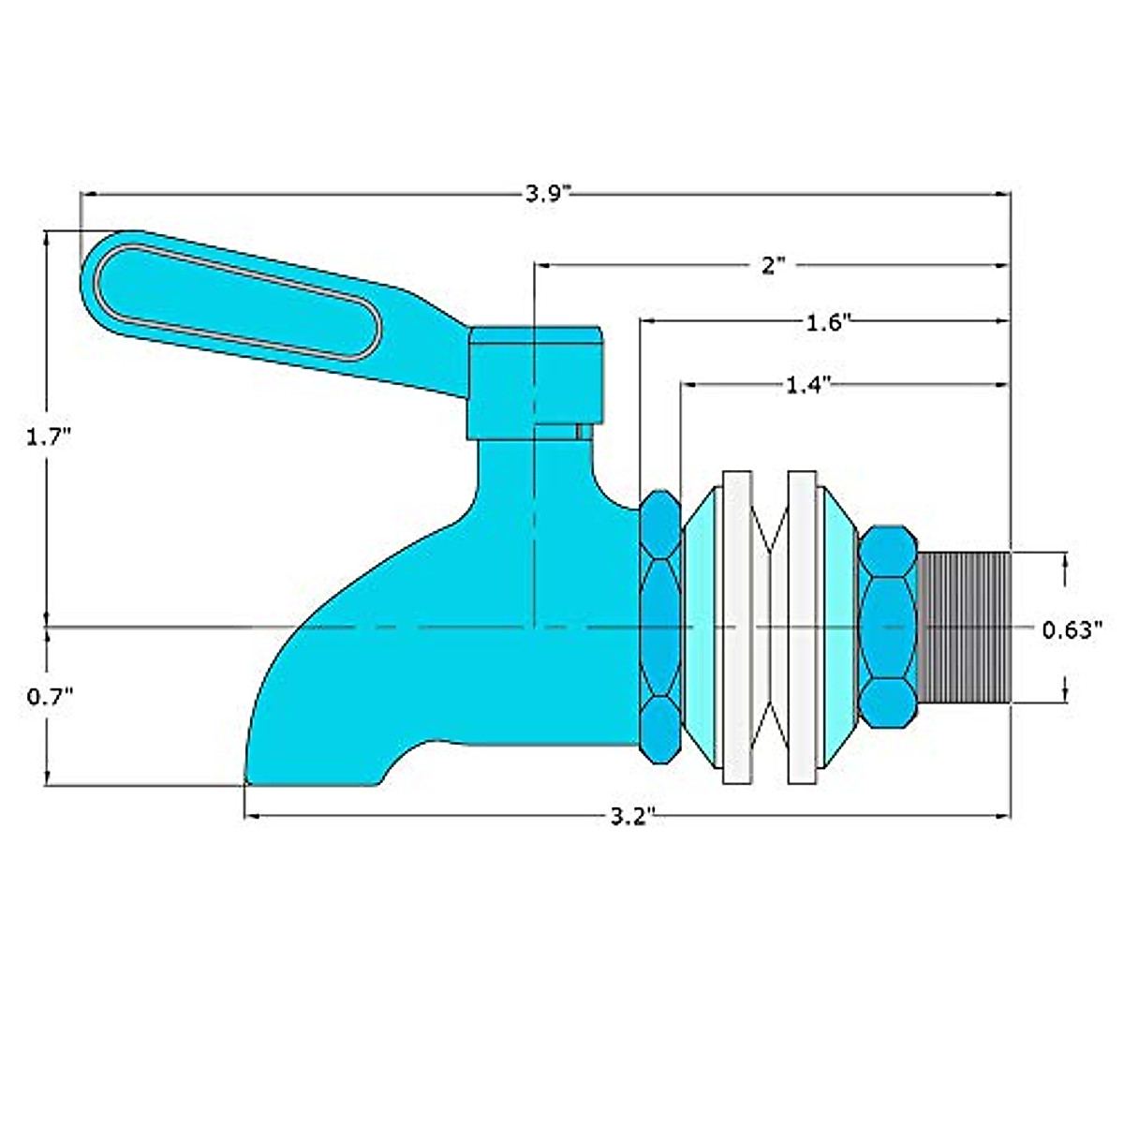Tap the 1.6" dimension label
tap(828, 323)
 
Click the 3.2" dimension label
tap(630, 817)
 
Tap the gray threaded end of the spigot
tap(964, 626)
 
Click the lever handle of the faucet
tap(234, 300)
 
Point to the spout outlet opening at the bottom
tap(314, 779)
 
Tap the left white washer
tap(737, 626)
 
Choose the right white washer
tap(803, 626)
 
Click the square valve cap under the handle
tap(534, 379)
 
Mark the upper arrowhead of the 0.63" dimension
tap(1066, 560)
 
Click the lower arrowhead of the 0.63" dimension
tap(1066, 693)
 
